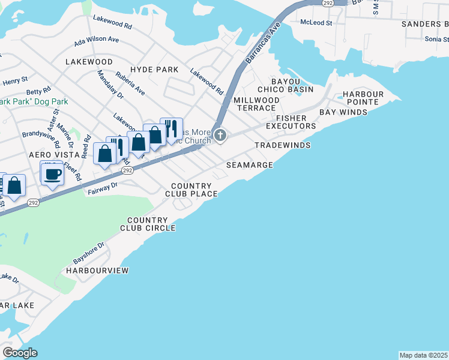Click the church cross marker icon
tap(220, 136)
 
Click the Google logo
tap(20, 353)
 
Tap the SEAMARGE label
tap(250, 164)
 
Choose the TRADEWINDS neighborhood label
tap(282, 145)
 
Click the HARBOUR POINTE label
tap(363, 98)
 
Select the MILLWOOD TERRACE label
tap(256, 104)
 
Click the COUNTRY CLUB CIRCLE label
tap(148, 224)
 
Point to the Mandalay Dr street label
tap(110, 86)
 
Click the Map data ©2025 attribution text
tap(424, 355)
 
